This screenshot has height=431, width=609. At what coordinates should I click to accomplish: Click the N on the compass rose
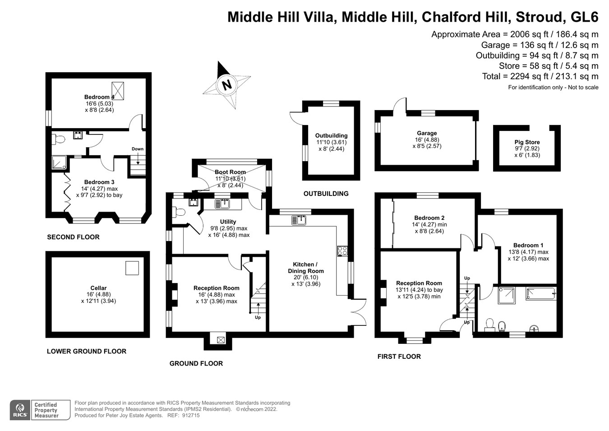tap(227, 85)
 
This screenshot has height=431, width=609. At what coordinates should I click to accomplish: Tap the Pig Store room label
tap(527, 142)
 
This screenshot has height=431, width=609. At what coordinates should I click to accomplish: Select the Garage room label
tap(427, 133)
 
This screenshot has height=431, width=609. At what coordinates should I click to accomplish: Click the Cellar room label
tap(98, 287)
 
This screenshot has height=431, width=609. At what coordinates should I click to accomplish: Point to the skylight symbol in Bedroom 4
tap(118, 91)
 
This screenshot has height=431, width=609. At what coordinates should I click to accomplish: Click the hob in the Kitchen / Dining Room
tap(342, 251)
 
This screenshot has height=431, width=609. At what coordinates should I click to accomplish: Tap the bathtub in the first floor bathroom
tap(541, 294)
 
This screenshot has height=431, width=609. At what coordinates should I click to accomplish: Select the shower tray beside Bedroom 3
tap(59, 162)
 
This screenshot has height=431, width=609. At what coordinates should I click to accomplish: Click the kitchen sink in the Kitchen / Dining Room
tap(299, 220)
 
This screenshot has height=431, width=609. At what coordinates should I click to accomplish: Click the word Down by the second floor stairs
tap(138, 149)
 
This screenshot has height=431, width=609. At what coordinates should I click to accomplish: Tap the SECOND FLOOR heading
tap(73, 237)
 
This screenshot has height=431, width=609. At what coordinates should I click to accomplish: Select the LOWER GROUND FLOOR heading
tap(87, 351)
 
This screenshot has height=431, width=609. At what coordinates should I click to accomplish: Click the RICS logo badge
tap(20, 410)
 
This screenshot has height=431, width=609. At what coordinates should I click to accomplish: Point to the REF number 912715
tap(190, 416)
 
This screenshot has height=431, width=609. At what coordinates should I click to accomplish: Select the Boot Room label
tap(230, 172)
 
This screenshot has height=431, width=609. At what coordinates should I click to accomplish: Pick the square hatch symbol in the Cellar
tap(132, 268)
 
